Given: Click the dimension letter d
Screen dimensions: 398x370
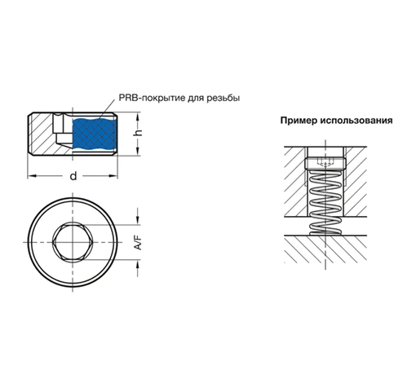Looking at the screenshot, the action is point(73,176).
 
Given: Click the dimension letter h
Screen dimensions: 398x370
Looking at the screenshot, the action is point(139,133).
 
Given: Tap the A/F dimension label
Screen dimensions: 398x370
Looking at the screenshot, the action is point(139,242).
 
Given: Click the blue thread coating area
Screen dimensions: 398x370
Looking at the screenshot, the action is point(94,134).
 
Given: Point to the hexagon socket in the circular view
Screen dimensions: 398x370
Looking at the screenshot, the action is point(73,242).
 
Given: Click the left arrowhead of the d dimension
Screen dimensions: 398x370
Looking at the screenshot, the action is point(32,176).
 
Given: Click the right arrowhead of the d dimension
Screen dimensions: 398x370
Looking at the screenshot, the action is point(113,176).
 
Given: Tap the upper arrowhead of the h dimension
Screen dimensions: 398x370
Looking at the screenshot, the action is point(139,117).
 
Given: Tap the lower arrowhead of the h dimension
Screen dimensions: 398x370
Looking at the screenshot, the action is point(139,152).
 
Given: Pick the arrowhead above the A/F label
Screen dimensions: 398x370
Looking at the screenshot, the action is point(138,220).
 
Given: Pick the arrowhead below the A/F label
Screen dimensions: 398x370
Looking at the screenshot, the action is point(138,264).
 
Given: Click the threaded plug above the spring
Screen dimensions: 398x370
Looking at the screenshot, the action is point(325,164).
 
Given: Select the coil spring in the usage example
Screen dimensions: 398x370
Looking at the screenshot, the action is point(325,202).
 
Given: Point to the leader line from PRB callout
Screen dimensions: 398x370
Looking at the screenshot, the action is point(107,108).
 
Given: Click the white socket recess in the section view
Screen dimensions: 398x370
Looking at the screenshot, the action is point(62,130).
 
